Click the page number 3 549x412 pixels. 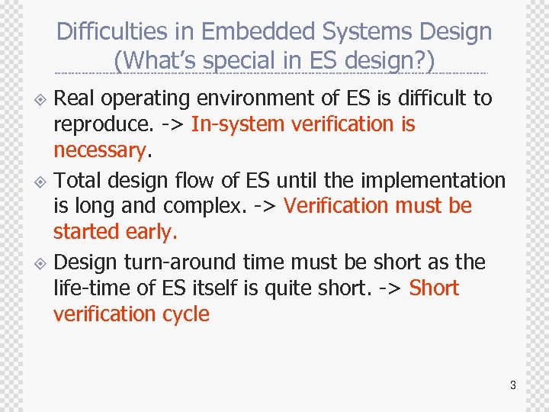(513, 385)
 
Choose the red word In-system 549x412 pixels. (237, 124)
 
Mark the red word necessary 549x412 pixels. (99, 150)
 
